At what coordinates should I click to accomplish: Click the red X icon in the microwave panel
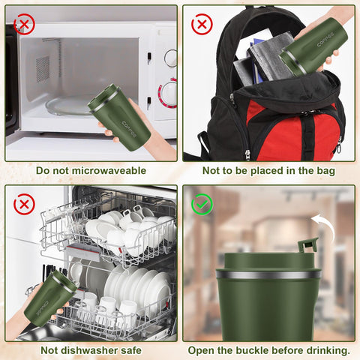(x=25, y=25)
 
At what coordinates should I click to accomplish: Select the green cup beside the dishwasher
(x=49, y=298)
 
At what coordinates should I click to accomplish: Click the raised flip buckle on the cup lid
(x=307, y=246)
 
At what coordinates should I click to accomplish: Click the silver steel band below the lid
(x=267, y=275)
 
